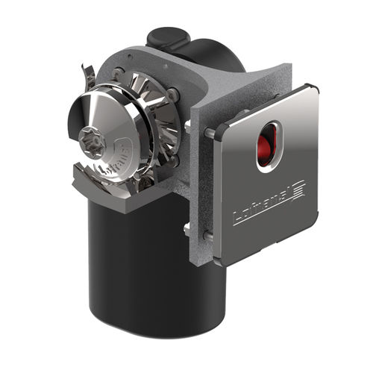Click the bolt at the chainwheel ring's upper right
[173, 94]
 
